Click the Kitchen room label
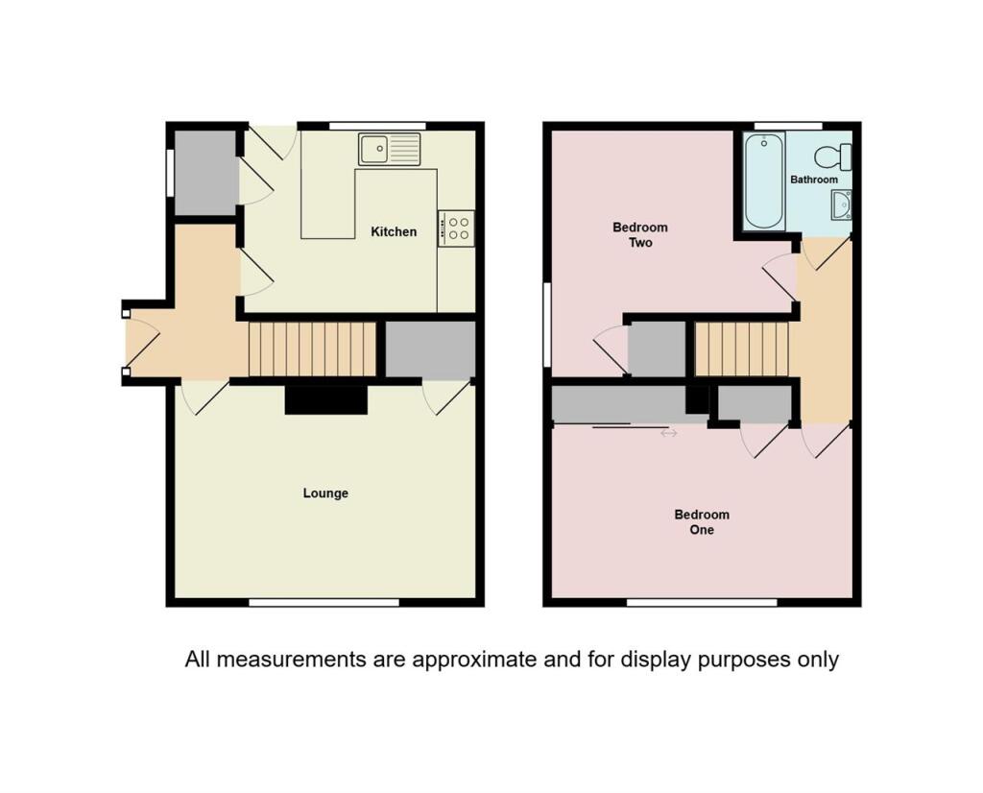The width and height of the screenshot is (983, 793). coord(394,232)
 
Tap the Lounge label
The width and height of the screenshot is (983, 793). coord(325,493)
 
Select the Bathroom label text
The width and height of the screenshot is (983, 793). coord(814,180)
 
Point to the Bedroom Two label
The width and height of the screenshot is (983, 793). coord(640,234)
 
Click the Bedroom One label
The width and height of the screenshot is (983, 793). coord(702,521)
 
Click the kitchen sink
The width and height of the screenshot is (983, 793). coord(390,149)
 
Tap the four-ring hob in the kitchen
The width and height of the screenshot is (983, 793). coord(456,228)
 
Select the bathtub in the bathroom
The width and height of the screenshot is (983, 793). coord(764,181)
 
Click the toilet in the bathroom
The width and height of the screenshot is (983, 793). coord(834,156)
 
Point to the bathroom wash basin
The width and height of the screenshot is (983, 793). coord(842,205)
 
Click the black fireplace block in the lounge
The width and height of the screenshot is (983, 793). coord(326,400)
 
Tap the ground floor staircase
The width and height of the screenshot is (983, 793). coord(312,349)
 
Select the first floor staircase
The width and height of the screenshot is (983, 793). coord(741,349)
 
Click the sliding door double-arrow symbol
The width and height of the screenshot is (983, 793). coord(669,433)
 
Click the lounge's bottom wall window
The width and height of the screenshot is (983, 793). coord(324,602)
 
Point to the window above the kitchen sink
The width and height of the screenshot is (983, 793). coord(377,126)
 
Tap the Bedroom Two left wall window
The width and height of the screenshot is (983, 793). coord(546,324)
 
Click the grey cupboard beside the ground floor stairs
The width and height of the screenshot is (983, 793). coord(430,349)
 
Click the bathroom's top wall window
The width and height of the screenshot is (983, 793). coord(788,126)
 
